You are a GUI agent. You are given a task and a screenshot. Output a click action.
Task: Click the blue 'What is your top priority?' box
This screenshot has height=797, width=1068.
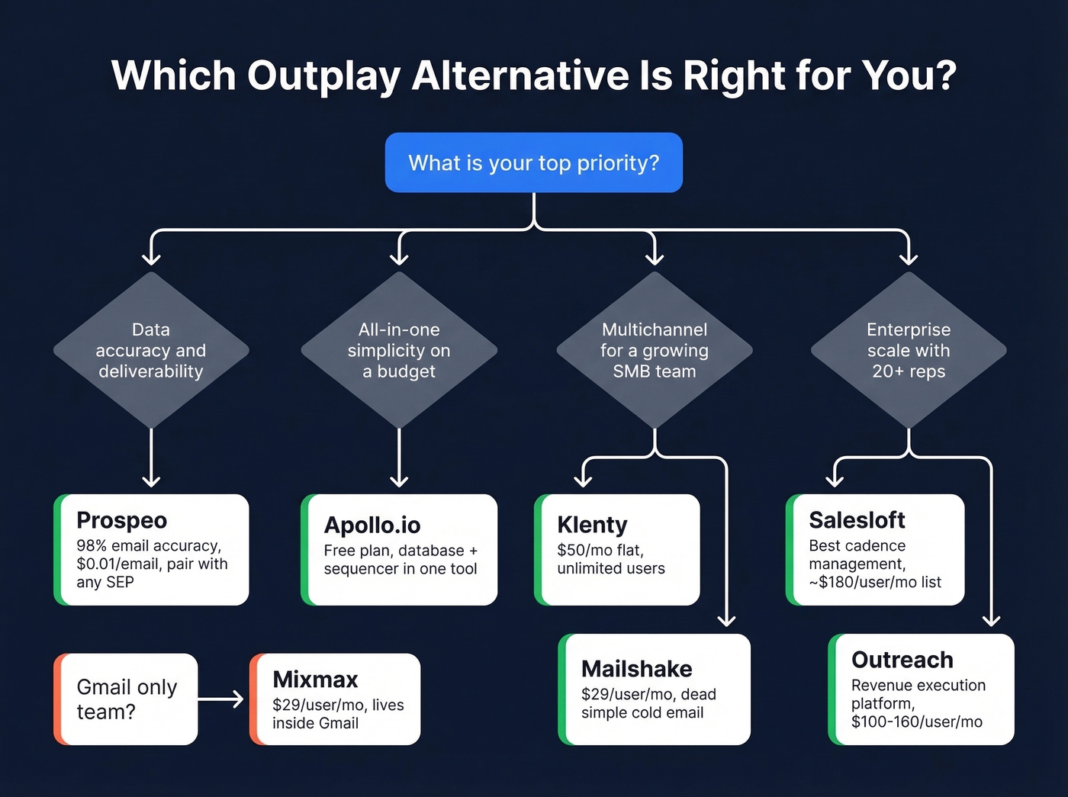click(533, 162)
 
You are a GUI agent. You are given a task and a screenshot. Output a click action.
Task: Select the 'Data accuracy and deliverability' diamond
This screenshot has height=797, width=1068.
click(151, 350)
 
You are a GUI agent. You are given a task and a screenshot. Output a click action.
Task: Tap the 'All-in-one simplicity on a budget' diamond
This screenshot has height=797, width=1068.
click(399, 350)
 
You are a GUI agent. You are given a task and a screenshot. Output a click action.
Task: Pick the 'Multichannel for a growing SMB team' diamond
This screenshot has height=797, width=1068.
click(655, 350)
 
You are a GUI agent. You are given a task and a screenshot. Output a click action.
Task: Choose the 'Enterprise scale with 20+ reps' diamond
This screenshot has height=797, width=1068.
click(909, 350)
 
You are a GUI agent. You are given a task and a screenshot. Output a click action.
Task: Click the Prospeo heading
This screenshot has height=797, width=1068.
click(122, 520)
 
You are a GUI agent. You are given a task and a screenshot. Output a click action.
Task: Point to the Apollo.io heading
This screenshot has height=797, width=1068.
click(372, 525)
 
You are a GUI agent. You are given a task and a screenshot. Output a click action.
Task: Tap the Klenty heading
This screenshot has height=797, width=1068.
click(592, 525)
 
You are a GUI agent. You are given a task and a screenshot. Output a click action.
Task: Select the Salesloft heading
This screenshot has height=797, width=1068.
click(857, 520)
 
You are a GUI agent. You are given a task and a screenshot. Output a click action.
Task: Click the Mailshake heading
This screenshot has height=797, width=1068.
click(636, 669)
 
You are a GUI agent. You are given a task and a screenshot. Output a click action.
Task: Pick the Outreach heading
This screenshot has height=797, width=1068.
click(902, 660)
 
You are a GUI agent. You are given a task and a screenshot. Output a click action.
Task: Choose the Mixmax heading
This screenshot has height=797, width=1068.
click(315, 680)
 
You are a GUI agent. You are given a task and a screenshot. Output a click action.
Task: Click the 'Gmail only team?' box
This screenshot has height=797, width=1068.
click(127, 699)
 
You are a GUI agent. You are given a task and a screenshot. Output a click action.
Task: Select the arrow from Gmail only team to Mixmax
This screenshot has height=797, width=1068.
click(222, 699)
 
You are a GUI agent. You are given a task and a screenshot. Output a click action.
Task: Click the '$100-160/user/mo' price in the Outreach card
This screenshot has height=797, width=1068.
click(916, 721)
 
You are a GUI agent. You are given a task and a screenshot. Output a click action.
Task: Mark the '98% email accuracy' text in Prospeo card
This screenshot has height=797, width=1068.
click(149, 545)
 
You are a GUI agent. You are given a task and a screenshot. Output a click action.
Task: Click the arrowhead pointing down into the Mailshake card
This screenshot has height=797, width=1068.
click(726, 619)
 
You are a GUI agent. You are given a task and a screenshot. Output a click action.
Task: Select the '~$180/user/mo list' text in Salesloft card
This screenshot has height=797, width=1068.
click(875, 582)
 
